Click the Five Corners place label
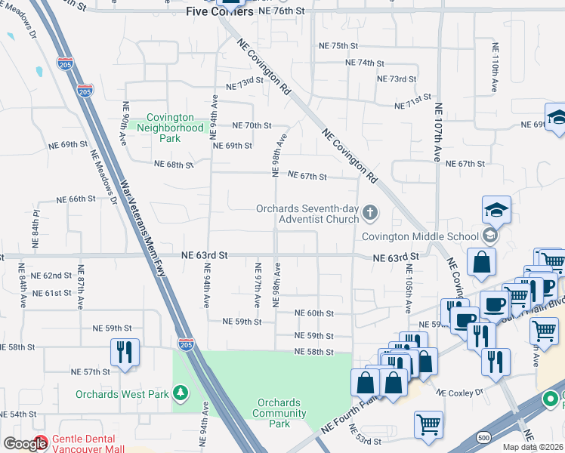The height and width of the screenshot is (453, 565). (218, 12)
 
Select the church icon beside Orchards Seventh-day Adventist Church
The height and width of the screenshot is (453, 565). (370, 213)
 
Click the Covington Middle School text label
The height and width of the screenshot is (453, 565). (420, 236)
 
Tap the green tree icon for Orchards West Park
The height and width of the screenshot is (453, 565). (180, 393)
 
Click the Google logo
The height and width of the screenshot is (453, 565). (24, 444)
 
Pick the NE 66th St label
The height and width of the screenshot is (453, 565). (76, 199)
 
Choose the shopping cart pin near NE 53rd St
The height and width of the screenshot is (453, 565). (428, 424)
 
